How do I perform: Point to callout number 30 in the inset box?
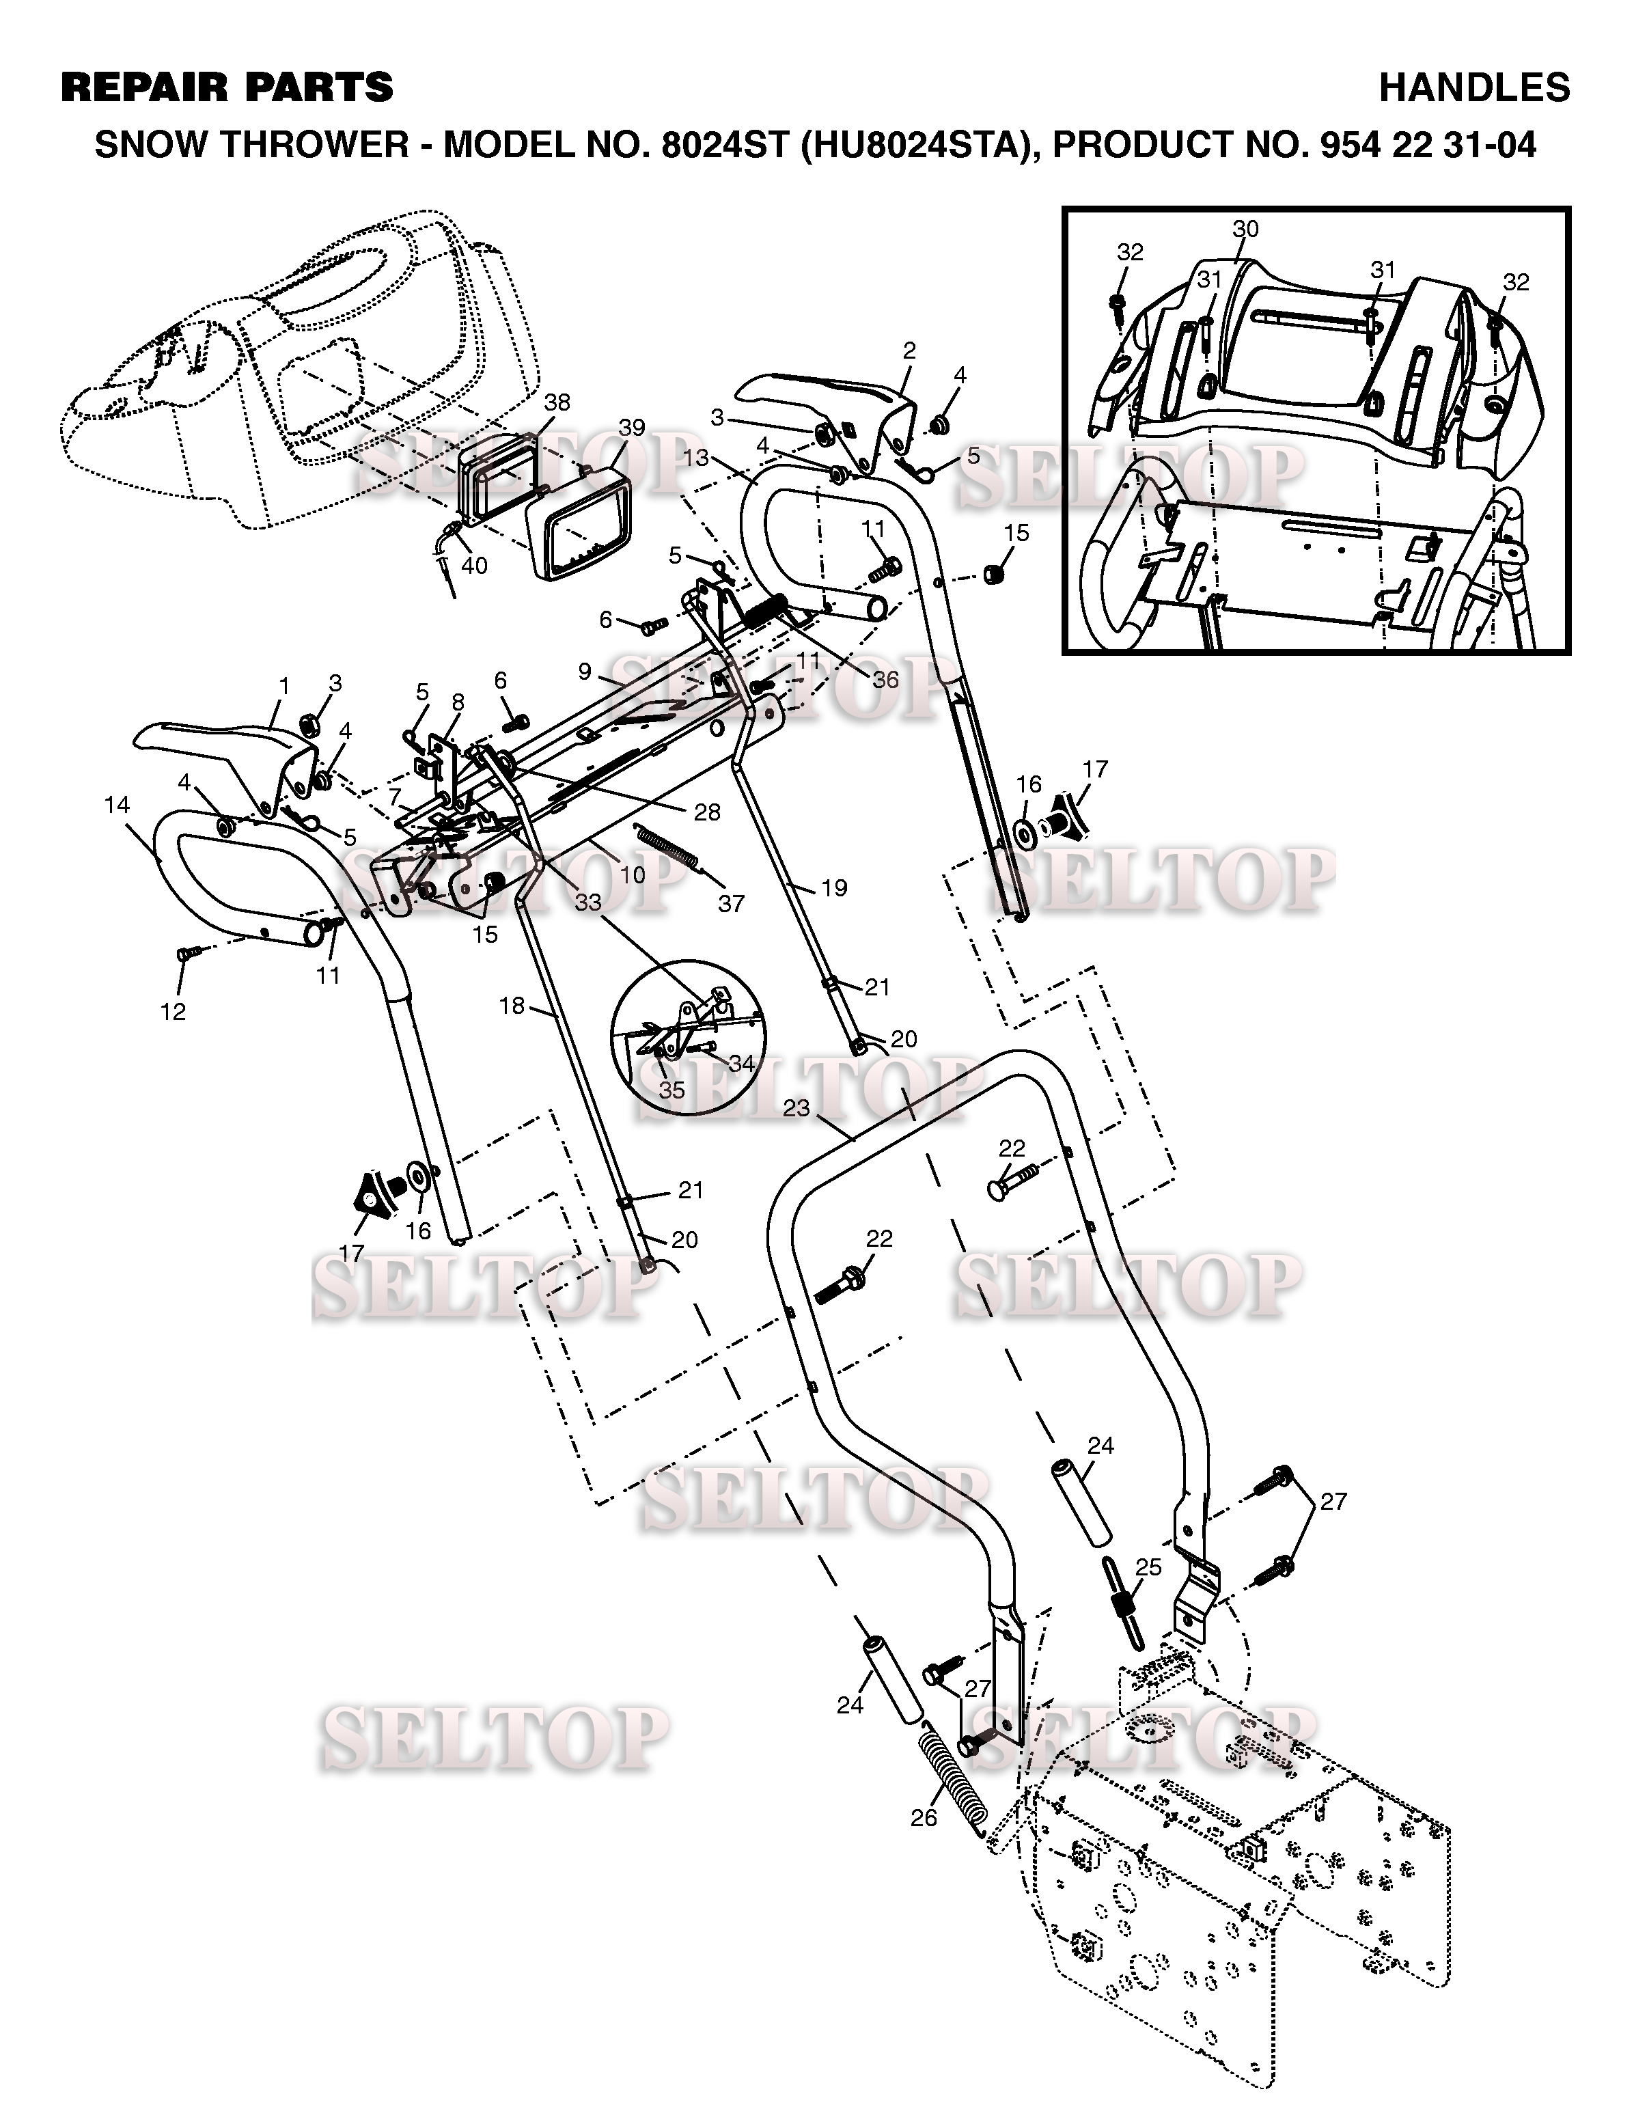1245,229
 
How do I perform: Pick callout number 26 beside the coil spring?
924,1818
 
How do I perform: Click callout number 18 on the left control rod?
512,1006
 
